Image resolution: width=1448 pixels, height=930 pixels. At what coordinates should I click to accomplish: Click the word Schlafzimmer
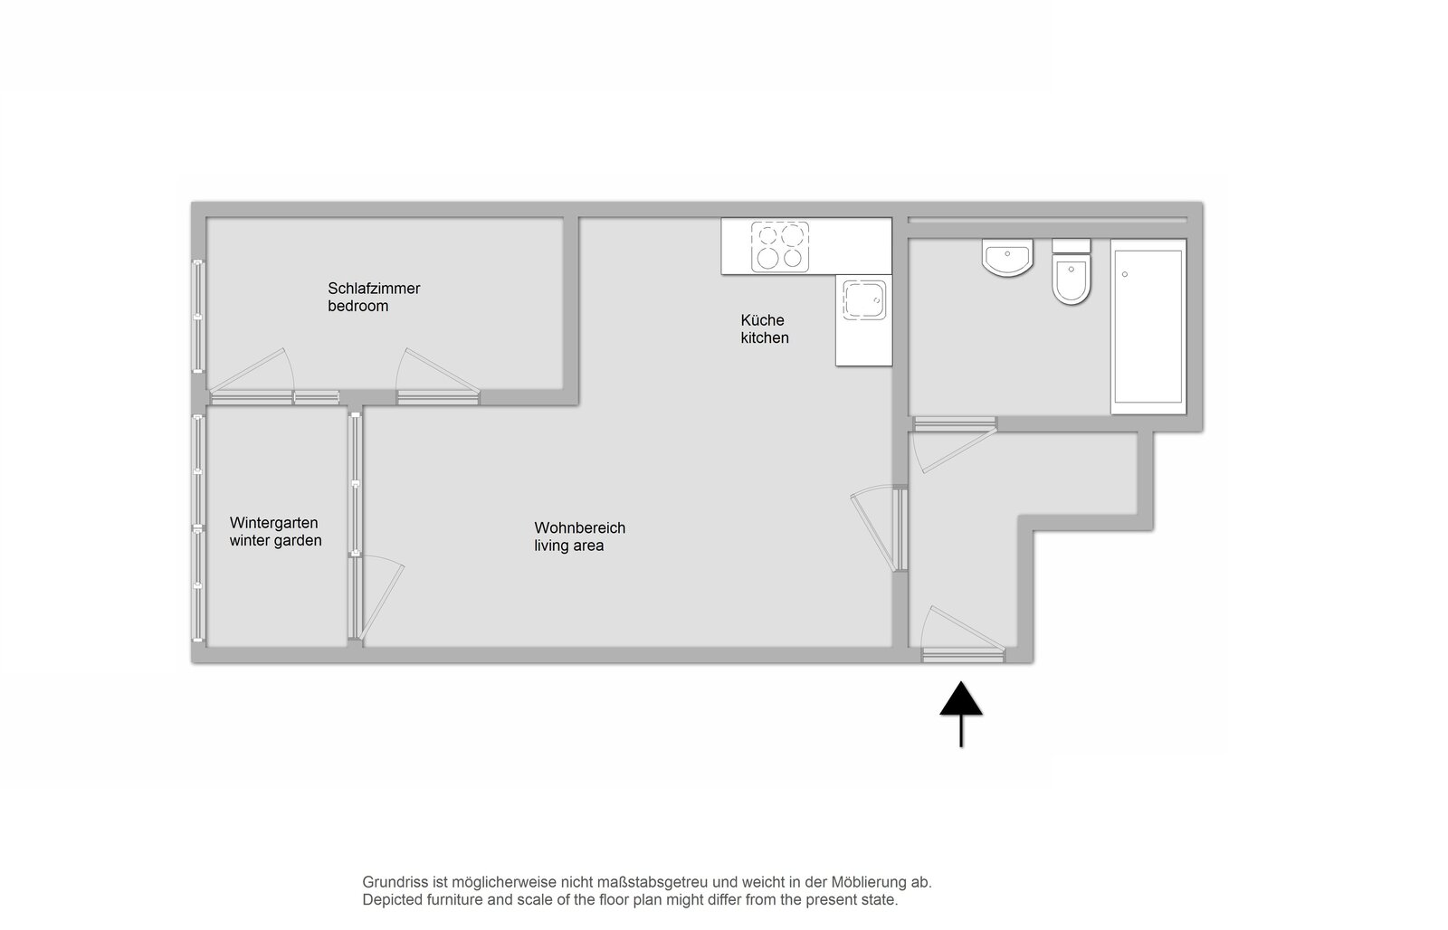(x=374, y=289)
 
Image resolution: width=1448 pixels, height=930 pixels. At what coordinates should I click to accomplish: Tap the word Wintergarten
(x=273, y=523)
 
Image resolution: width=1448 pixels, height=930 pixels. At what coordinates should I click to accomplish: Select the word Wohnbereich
(x=580, y=528)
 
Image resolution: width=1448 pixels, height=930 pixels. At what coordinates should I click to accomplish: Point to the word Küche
(x=762, y=320)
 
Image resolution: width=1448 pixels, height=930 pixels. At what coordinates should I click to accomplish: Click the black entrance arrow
(x=961, y=714)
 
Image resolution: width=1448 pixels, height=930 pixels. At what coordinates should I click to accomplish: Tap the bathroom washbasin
(x=1007, y=257)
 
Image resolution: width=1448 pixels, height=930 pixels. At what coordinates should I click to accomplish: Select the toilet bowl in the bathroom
(x=1072, y=279)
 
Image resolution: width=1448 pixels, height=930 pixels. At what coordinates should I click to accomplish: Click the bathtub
(x=1148, y=327)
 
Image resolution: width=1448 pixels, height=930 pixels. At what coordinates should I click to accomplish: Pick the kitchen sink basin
(x=863, y=300)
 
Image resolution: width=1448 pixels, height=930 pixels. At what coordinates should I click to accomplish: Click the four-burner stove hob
(x=779, y=246)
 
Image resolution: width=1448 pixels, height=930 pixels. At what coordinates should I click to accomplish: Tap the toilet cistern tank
(x=1072, y=245)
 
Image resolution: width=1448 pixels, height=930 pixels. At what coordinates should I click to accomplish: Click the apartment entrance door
(x=963, y=634)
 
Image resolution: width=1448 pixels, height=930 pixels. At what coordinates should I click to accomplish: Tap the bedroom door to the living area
(x=438, y=376)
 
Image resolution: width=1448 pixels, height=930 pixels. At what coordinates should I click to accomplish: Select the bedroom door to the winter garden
(x=252, y=376)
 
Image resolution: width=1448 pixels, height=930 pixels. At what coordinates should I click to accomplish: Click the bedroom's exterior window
(x=198, y=316)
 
